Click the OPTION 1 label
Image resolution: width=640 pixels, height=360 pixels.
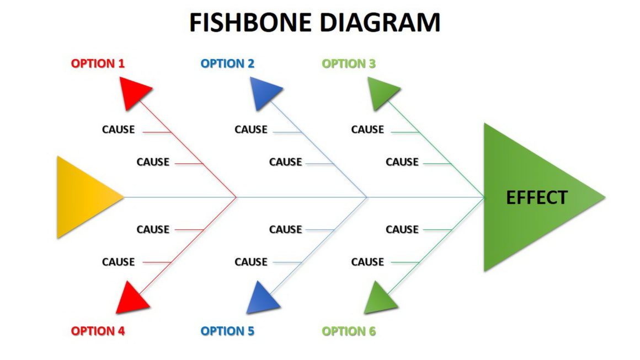pyautogui.click(x=98, y=63)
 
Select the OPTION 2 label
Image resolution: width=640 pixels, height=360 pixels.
pyautogui.click(x=227, y=63)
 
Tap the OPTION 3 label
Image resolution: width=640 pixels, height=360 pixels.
pyautogui.click(x=349, y=63)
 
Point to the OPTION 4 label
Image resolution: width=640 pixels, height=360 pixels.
pyautogui.click(x=98, y=331)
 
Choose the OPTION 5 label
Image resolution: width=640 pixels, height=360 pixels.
pyautogui.click(x=227, y=331)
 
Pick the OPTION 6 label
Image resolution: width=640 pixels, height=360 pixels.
pyautogui.click(x=349, y=331)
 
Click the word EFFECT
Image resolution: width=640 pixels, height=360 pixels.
pyautogui.click(x=536, y=197)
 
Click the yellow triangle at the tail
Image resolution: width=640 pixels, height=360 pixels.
pyautogui.click(x=83, y=197)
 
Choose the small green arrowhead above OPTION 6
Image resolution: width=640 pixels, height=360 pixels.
pyautogui.click(x=381, y=299)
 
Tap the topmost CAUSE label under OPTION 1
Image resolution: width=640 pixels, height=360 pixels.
pyautogui.click(x=118, y=130)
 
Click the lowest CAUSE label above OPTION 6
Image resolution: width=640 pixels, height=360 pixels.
pyautogui.click(x=367, y=262)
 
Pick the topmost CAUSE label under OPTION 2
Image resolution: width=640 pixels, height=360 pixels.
pyautogui.click(x=250, y=130)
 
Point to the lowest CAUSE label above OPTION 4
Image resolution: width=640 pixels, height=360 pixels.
pyautogui.click(x=118, y=262)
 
